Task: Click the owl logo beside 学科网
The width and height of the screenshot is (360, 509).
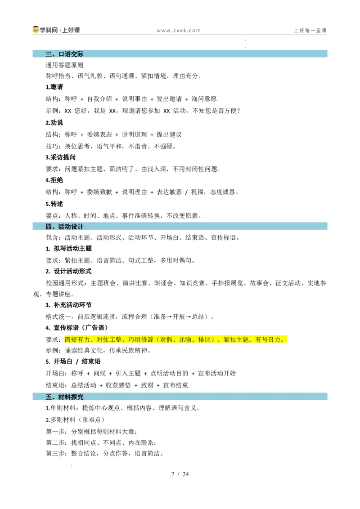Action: [x=36, y=30]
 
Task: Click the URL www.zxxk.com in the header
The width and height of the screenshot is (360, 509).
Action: [x=178, y=31]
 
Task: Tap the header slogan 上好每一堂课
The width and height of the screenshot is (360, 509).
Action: [x=310, y=31]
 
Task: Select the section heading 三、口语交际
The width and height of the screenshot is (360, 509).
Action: [x=64, y=54]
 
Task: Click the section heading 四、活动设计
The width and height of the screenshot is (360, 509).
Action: [x=64, y=226]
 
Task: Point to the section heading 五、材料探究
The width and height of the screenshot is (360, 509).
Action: [x=64, y=397]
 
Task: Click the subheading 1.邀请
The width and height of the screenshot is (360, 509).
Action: [x=54, y=87]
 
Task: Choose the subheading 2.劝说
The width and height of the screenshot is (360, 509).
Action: [x=54, y=123]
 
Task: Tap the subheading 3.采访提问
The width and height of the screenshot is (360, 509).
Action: [x=60, y=157]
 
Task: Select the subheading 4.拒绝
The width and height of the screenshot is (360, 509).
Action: [x=54, y=180]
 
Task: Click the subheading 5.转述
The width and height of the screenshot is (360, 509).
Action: [x=54, y=204]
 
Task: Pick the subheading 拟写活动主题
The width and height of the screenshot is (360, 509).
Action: [x=73, y=249]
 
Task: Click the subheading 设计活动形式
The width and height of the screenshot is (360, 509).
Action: [x=73, y=272]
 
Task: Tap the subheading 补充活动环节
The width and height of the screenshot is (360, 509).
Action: [x=73, y=305]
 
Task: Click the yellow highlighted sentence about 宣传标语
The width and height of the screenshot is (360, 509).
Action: [x=175, y=339]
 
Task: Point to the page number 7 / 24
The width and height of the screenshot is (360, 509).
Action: [x=180, y=474]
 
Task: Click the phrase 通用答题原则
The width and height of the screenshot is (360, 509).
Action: [x=64, y=65]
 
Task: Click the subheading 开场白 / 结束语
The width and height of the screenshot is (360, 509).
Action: [x=77, y=362]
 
